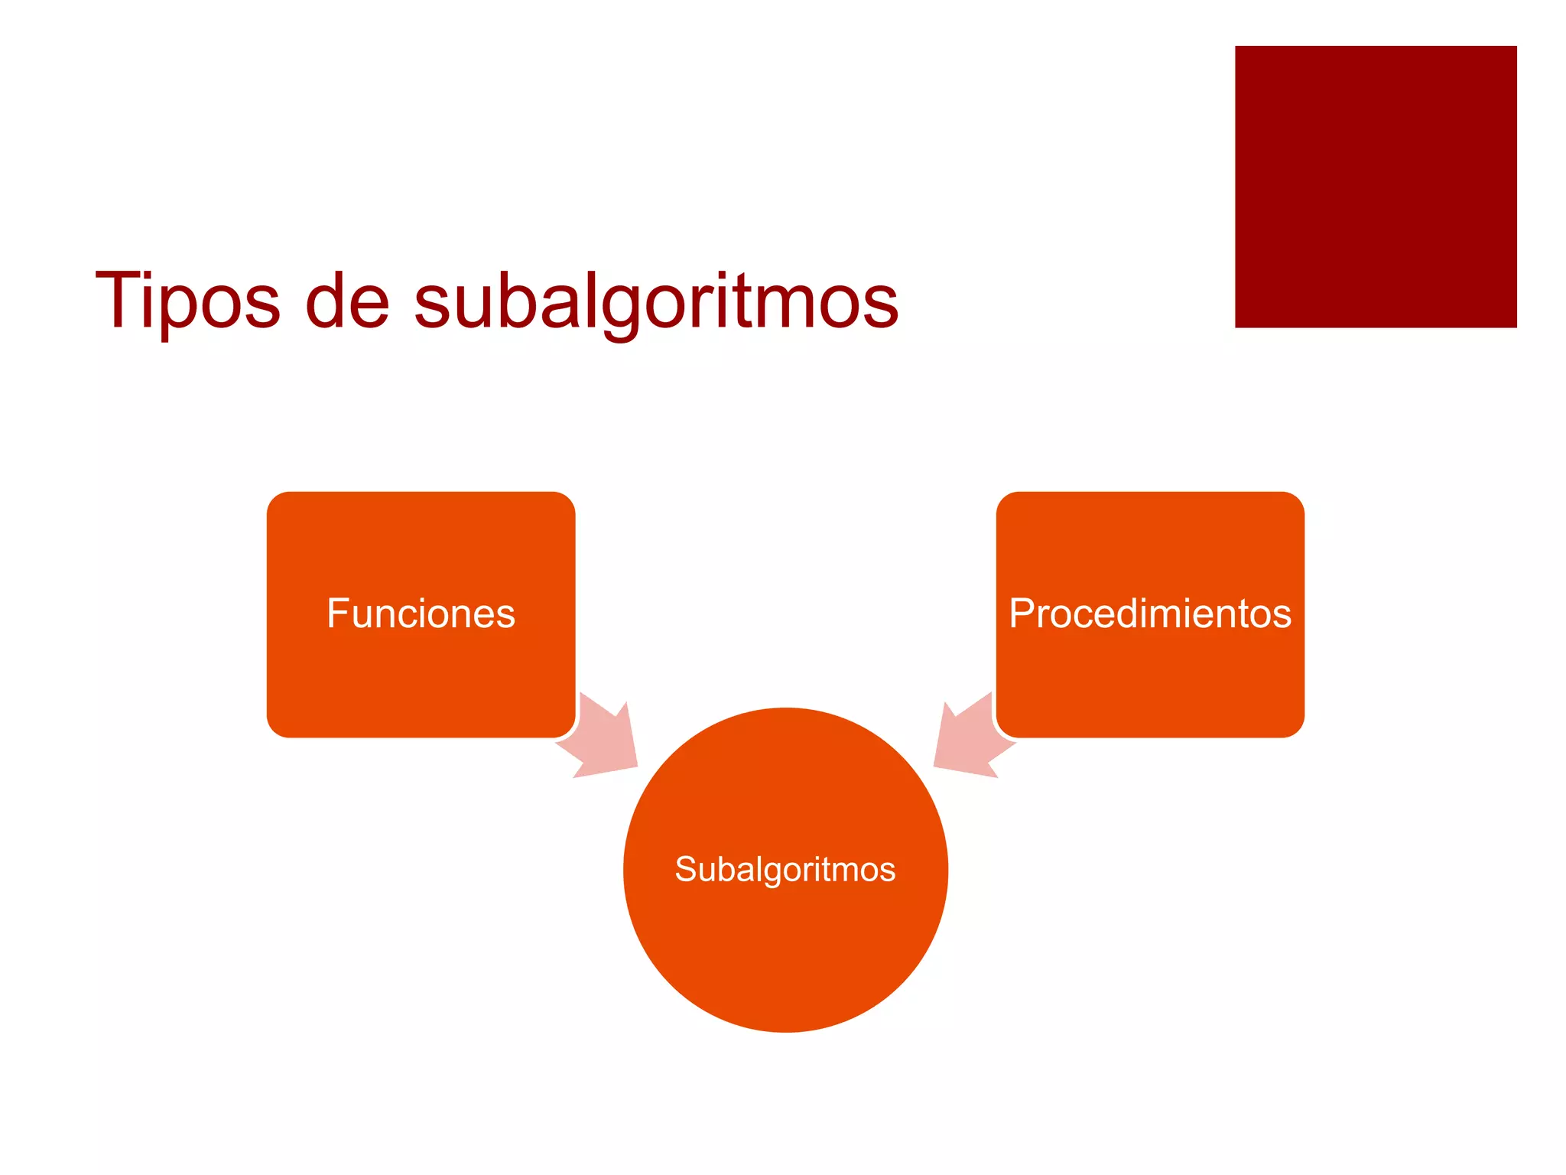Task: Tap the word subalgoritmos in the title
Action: (656, 302)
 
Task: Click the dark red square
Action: (1375, 187)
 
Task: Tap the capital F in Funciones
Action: (337, 614)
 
